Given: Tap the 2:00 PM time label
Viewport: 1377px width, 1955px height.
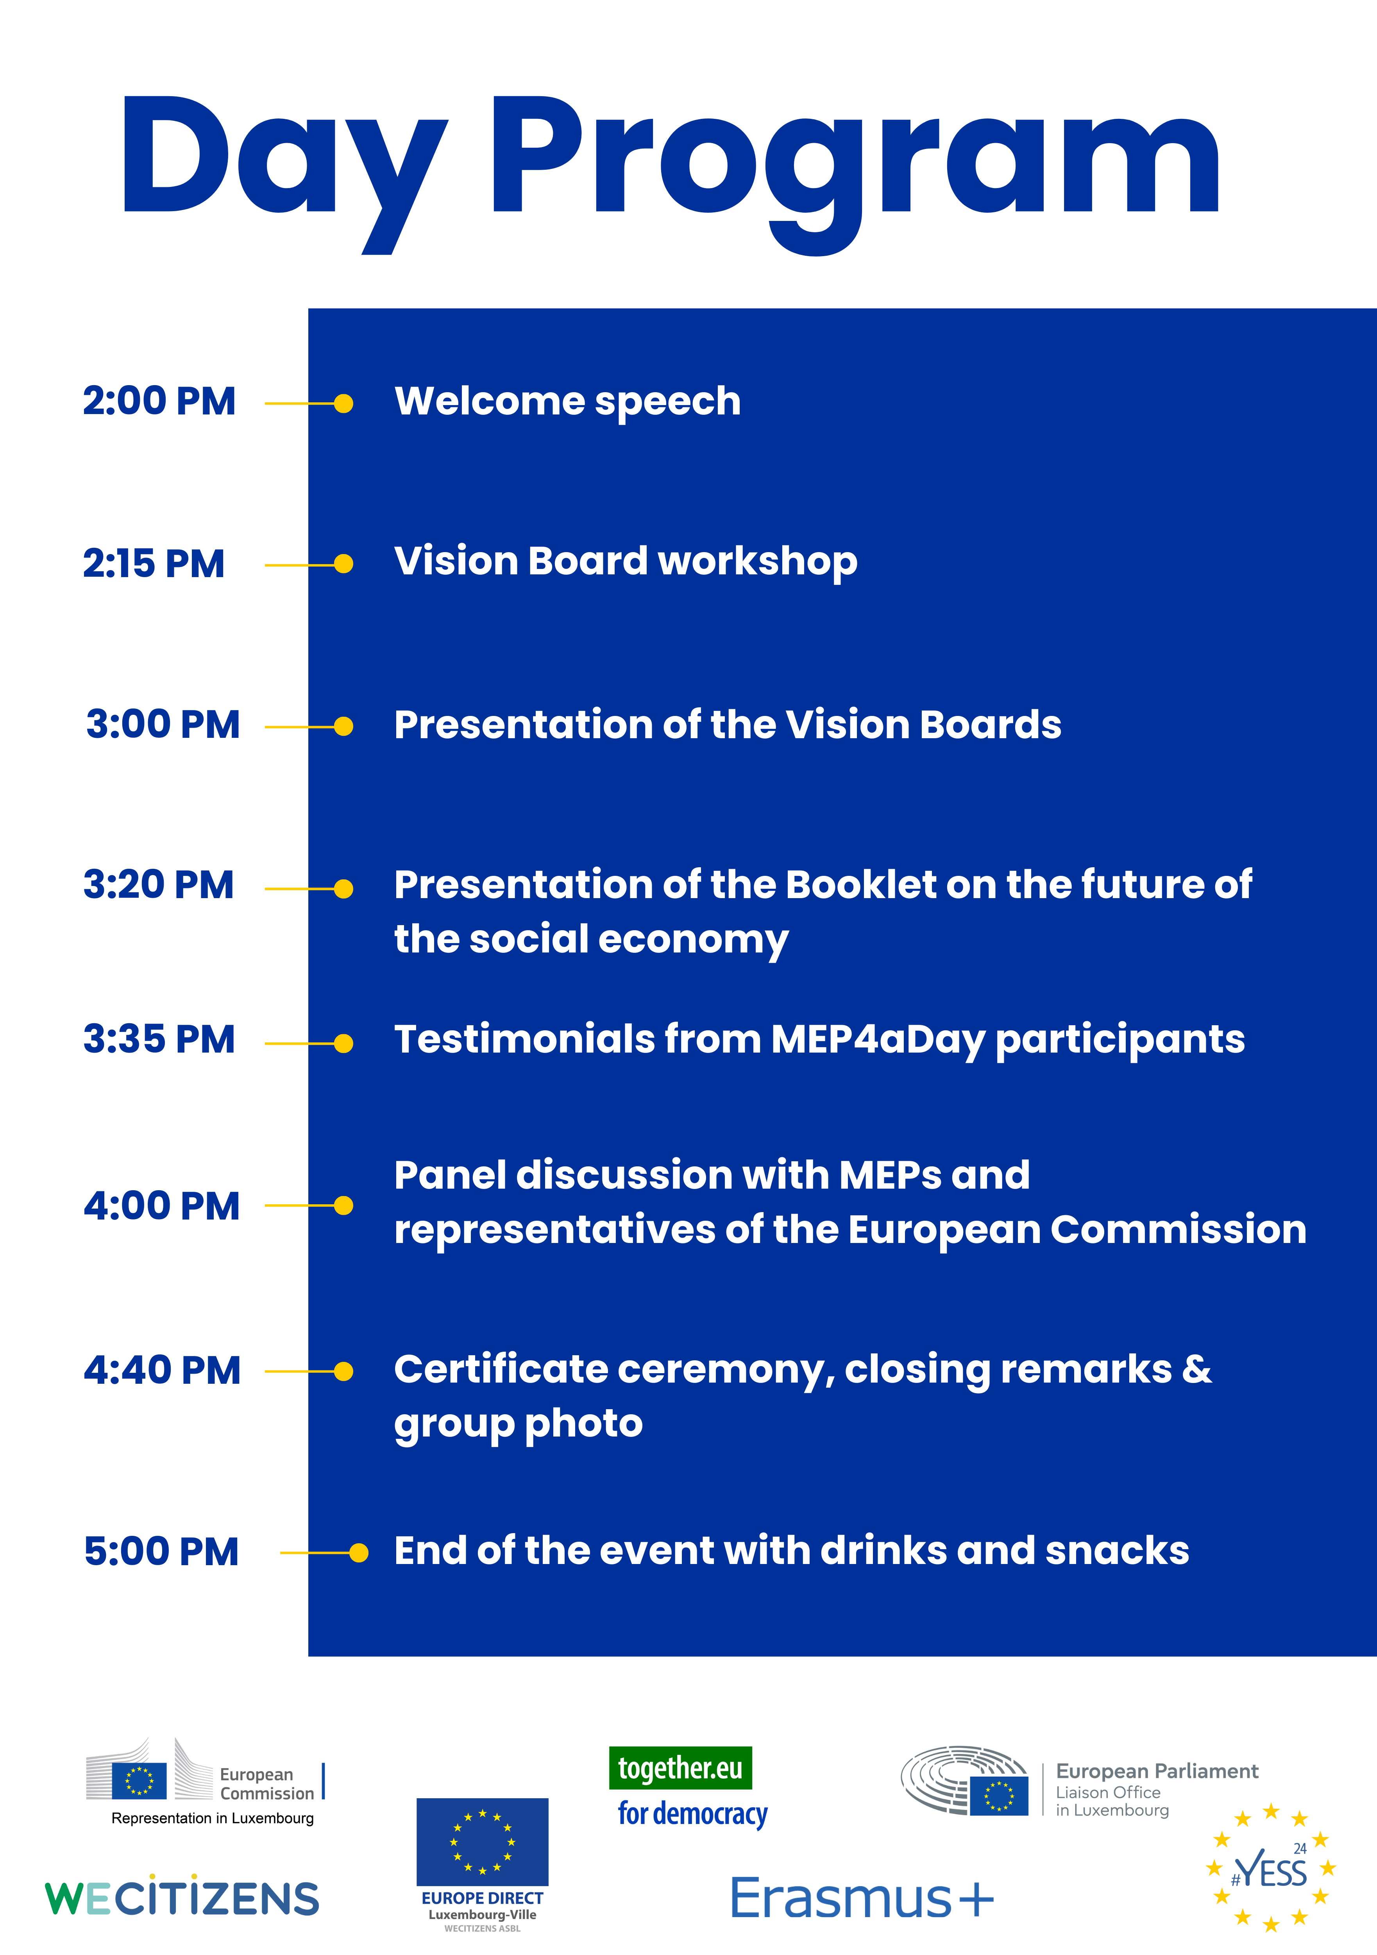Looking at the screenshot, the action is click(x=159, y=401).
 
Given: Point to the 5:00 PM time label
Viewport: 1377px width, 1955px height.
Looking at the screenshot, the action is click(x=162, y=1551).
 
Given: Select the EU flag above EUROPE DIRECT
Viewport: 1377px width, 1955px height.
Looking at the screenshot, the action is click(x=483, y=1842).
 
